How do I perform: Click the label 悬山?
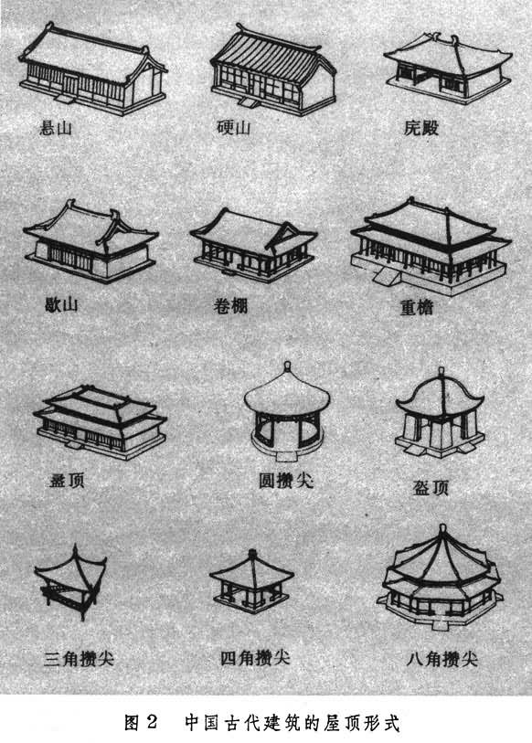point(56,128)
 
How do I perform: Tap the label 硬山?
point(234,127)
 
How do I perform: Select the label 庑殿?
point(421,127)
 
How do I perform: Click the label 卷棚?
point(230,306)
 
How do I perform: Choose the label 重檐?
point(416,308)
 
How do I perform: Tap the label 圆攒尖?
point(286,481)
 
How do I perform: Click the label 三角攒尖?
point(79,659)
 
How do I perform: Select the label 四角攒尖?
point(255,658)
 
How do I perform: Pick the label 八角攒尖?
point(442,659)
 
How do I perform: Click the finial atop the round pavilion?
point(287,367)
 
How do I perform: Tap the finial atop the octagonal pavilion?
point(442,528)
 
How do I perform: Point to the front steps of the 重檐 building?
point(387,275)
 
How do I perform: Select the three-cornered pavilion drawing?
point(70,582)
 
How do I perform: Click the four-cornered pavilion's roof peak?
point(252,554)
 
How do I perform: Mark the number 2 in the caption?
point(152,722)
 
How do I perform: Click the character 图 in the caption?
point(132,722)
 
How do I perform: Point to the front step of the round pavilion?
point(286,456)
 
